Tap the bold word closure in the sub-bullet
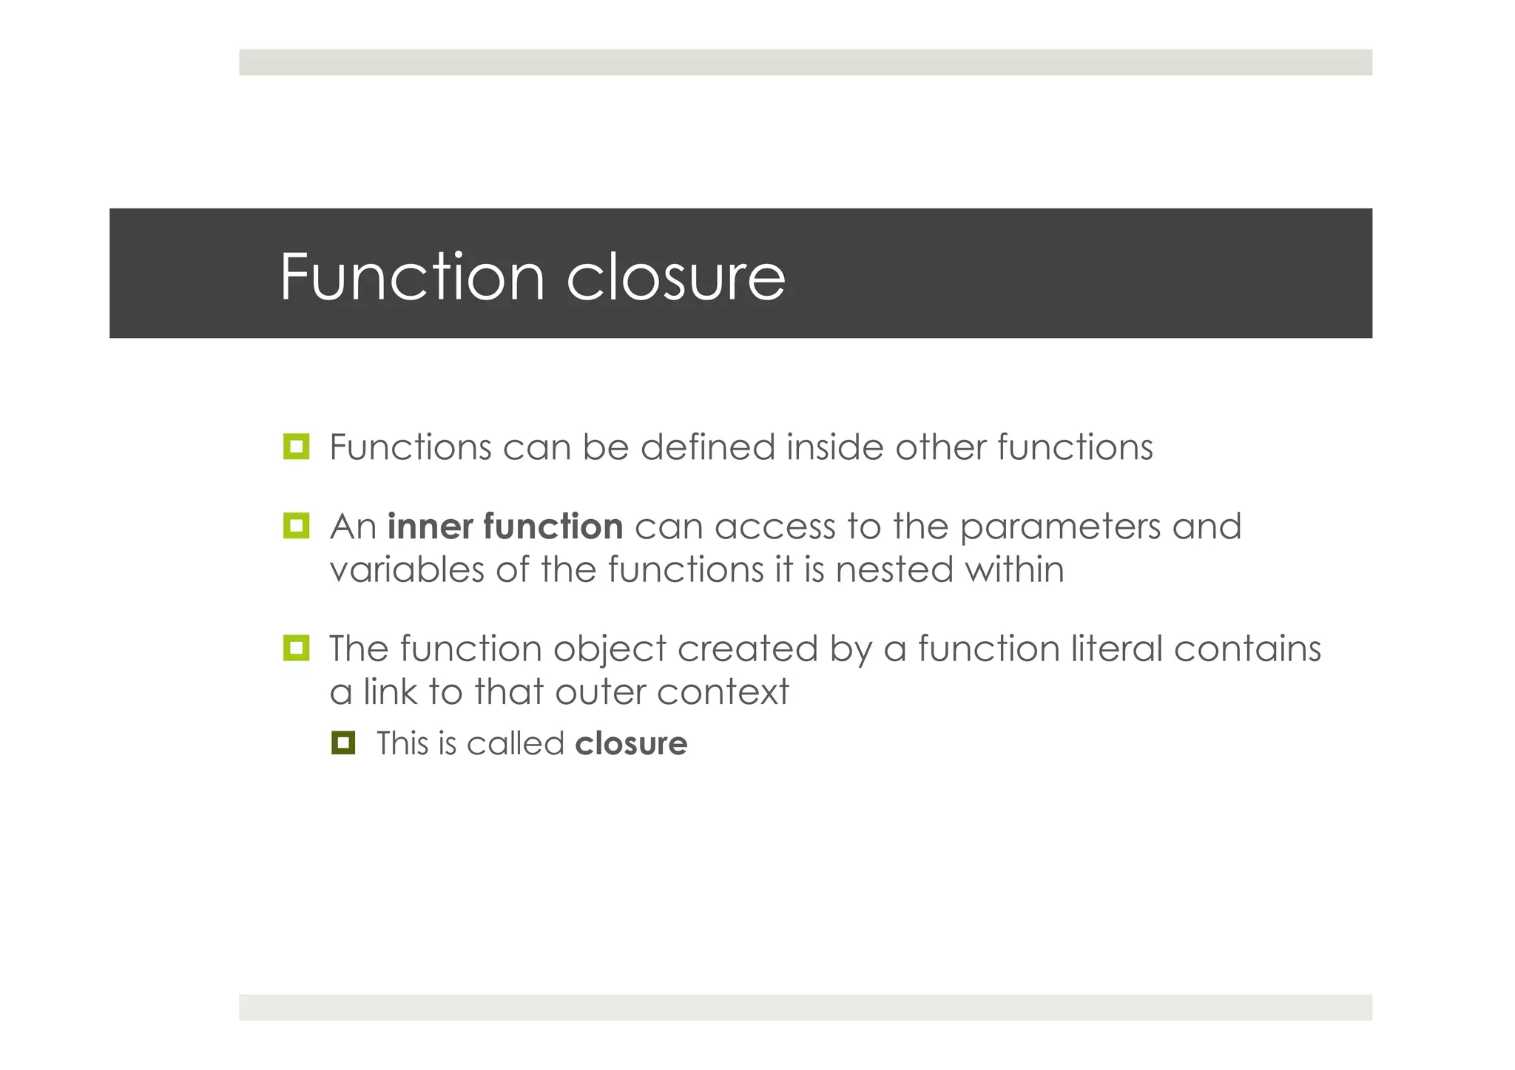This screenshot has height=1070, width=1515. pos(631,743)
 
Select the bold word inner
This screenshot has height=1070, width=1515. pos(431,526)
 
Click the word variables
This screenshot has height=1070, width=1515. pos(407,570)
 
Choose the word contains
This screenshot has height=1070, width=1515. pos(1247,649)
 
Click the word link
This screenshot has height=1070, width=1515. pos(390,692)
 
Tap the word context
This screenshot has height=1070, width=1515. pos(723,692)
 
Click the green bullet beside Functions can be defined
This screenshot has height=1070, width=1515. pos(296,447)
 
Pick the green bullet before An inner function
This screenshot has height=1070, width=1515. pos(296,526)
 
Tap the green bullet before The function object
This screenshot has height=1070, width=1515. pos(296,648)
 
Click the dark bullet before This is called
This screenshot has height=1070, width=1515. pos(343,742)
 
